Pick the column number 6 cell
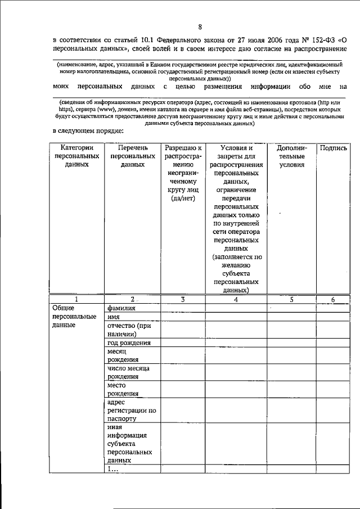332,300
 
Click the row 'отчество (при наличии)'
129,330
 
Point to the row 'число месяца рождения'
128,372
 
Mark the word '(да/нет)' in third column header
183,199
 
